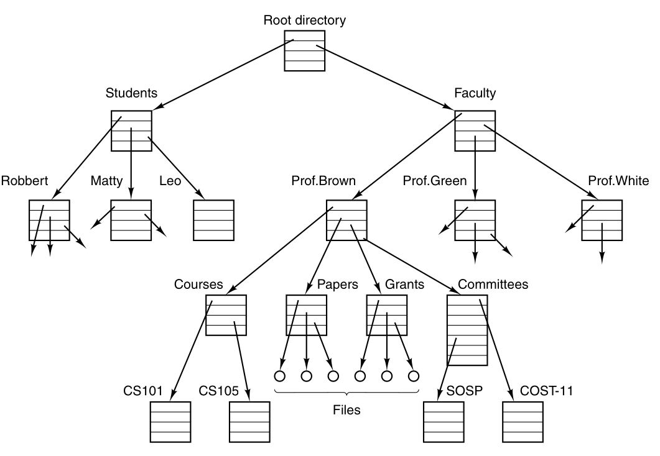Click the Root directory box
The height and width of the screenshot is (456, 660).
[x=304, y=50]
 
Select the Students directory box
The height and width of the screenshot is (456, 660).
[x=131, y=131]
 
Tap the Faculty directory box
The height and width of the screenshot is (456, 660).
[x=475, y=131]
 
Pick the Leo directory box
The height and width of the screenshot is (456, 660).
[x=213, y=221]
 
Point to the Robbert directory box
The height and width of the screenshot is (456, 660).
[x=49, y=221]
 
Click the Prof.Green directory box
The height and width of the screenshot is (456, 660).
[x=475, y=221]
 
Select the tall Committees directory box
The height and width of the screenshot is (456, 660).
[x=467, y=330]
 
